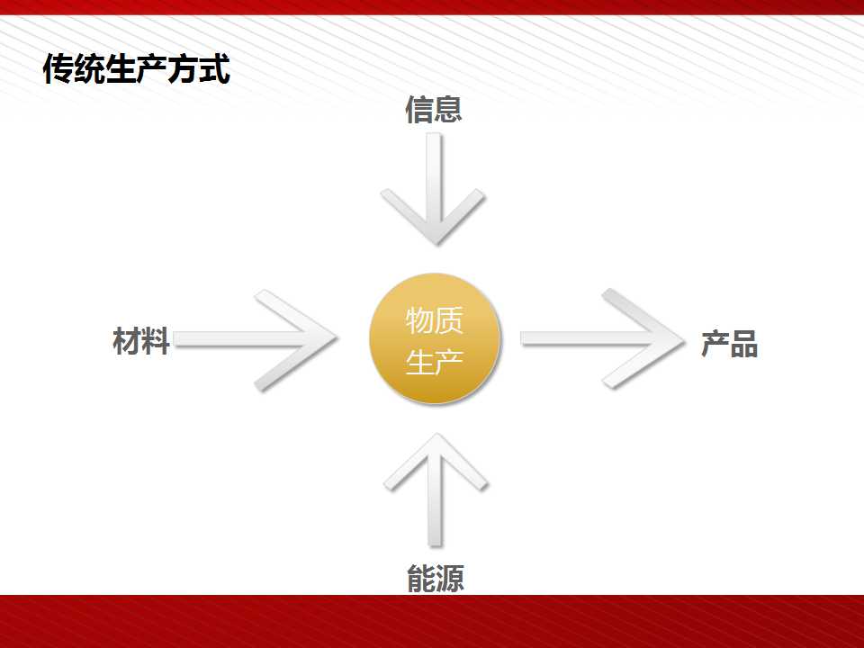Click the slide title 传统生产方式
tap(136, 69)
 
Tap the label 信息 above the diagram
tap(434, 109)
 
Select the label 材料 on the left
tap(141, 340)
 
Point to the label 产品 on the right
tap(730, 344)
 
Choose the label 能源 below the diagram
tap(436, 578)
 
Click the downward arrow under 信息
tap(433, 189)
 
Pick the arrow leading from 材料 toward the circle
tap(256, 340)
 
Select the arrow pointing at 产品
tap(603, 338)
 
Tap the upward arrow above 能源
tap(436, 490)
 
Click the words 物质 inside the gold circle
tap(434, 320)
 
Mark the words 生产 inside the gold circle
tap(434, 362)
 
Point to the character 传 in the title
tap(58, 69)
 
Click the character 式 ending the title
tap(215, 69)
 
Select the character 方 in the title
tap(184, 69)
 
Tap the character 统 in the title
tap(89, 69)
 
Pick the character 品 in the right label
tap(744, 344)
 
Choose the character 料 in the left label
tap(156, 340)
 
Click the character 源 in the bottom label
tap(450, 578)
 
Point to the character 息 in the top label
tap(448, 109)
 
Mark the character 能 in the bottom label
tap(421, 578)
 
